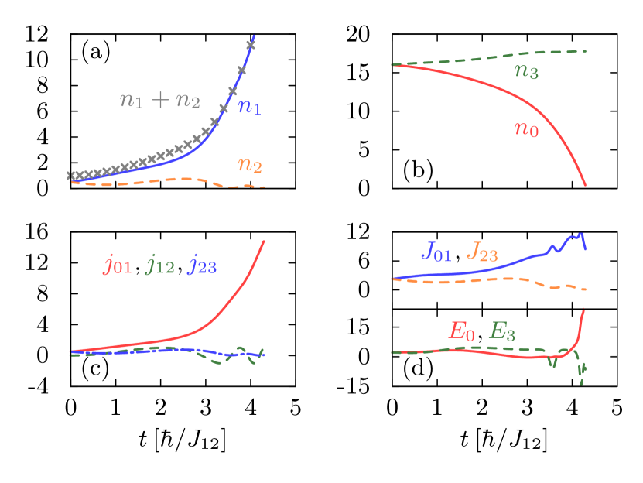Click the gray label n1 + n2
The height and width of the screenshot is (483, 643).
coord(159,101)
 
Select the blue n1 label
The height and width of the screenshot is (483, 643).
coord(249,108)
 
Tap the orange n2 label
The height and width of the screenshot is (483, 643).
coord(249,165)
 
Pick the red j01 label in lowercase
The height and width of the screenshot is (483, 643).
coord(118,266)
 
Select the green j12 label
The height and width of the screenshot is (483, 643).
coord(160,266)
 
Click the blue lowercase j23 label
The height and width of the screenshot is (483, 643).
coord(203,266)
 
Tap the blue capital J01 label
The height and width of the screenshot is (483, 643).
coord(436,252)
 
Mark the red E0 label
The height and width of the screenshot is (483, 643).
coord(461,332)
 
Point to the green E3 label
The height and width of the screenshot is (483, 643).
coord(502,332)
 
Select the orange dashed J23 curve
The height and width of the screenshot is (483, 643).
coord(480,279)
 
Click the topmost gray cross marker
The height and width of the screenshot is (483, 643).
coord(241,70)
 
